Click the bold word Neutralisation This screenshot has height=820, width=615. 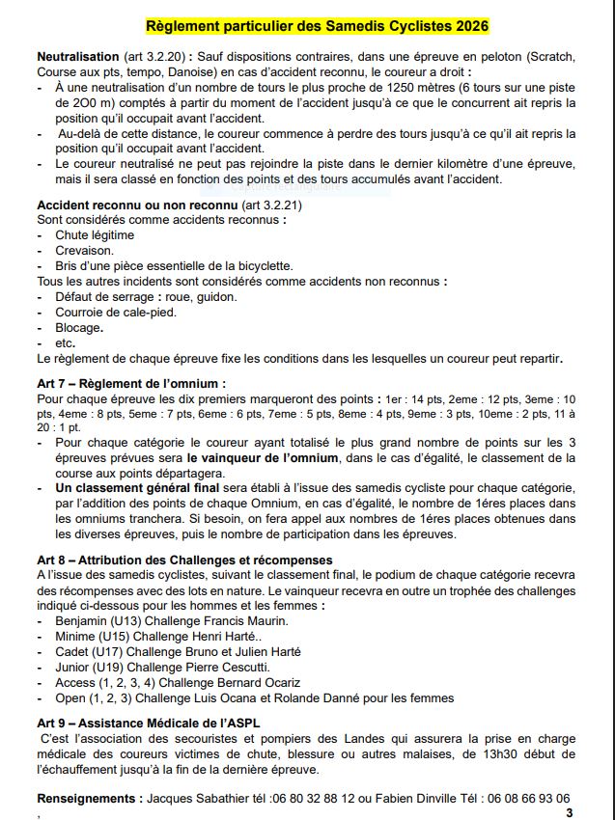[x=77, y=57]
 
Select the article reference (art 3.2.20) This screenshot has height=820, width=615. [x=155, y=57]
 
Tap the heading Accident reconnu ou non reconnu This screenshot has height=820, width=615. [x=136, y=205]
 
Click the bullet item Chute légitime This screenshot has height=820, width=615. [x=95, y=234]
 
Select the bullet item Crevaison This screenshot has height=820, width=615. [x=84, y=250]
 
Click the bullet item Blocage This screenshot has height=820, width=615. [x=78, y=327]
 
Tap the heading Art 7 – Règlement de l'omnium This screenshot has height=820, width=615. [x=131, y=383]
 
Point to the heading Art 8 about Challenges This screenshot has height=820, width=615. [x=184, y=560]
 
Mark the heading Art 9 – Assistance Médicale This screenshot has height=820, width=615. [x=148, y=722]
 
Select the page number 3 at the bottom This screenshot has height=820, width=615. [x=569, y=812]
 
